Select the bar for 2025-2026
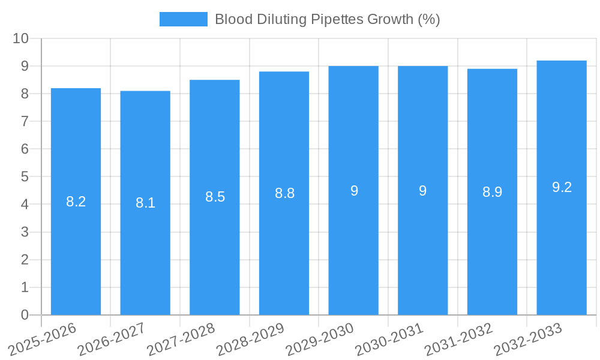(76, 202)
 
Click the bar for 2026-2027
(145, 203)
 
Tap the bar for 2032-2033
(562, 188)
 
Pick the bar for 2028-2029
(284, 193)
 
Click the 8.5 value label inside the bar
(215, 197)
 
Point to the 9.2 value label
(562, 187)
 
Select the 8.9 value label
(492, 192)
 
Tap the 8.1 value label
(145, 203)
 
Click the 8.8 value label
(284, 193)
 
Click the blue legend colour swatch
(183, 19)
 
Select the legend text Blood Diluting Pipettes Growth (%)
(328, 19)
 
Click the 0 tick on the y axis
(25, 315)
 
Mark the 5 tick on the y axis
(25, 177)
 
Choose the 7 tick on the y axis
(25, 122)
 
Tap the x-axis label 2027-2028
(181, 340)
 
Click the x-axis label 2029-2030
(319, 340)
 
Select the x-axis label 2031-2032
(458, 340)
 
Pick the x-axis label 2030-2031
(389, 340)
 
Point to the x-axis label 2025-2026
(42, 340)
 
